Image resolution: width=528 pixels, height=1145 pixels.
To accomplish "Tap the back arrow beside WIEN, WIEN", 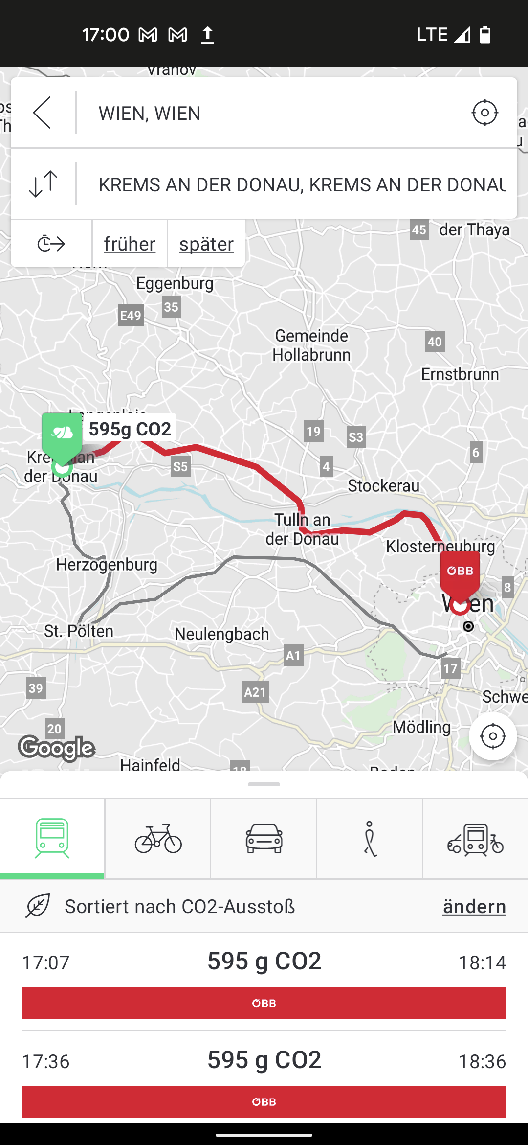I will click(43, 113).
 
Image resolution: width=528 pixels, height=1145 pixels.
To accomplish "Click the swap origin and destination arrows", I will click(43, 184).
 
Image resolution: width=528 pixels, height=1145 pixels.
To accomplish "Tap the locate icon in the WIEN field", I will click(484, 113).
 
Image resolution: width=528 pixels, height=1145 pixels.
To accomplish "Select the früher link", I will click(130, 244).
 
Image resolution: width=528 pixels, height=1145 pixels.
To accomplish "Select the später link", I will click(206, 244).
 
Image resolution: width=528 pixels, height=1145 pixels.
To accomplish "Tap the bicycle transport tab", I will click(158, 839).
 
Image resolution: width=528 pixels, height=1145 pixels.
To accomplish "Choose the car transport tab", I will click(264, 839).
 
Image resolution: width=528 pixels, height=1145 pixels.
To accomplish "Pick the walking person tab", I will click(370, 839).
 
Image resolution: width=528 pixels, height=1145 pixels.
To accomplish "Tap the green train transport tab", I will click(52, 839).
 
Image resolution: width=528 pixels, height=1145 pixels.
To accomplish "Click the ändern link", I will click(474, 907).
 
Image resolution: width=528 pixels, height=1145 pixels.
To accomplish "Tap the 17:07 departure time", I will click(46, 962).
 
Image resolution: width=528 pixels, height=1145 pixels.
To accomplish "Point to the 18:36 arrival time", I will click(482, 1061).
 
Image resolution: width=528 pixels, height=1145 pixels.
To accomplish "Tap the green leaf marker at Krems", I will click(62, 435).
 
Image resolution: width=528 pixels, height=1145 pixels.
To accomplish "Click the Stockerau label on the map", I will click(383, 486).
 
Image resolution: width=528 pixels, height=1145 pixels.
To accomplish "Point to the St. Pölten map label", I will click(79, 631).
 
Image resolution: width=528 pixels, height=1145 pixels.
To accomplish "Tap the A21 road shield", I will click(255, 692).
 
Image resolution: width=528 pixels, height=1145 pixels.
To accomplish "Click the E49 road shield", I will click(131, 316).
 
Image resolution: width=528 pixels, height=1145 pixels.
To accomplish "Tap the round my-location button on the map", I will click(493, 736).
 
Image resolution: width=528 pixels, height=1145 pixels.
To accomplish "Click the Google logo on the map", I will click(57, 748).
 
